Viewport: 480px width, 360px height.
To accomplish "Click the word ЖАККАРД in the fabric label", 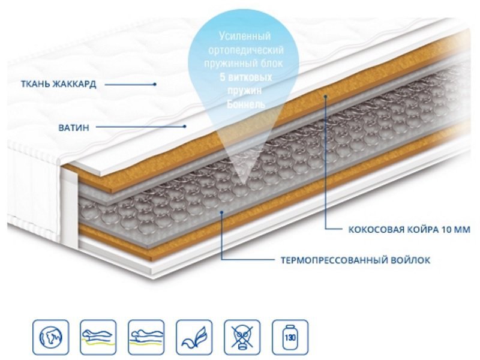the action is (x=74, y=84).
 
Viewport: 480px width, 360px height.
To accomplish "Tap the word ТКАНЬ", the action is (x=35, y=84).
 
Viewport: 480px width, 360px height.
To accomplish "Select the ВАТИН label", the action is (x=74, y=127).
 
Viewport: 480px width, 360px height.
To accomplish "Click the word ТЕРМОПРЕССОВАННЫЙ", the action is (x=335, y=260).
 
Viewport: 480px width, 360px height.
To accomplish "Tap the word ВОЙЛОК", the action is (x=411, y=260).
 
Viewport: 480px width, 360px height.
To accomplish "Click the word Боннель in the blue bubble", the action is (x=246, y=104).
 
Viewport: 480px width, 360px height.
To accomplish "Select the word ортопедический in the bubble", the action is (x=245, y=50).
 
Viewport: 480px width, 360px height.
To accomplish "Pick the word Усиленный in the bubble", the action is (x=245, y=36).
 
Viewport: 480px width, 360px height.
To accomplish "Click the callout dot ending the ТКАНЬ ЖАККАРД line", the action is (x=155, y=84).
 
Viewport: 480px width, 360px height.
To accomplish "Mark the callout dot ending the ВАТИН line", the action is (x=185, y=126).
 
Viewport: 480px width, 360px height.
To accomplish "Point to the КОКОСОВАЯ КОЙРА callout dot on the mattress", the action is (x=326, y=96).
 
